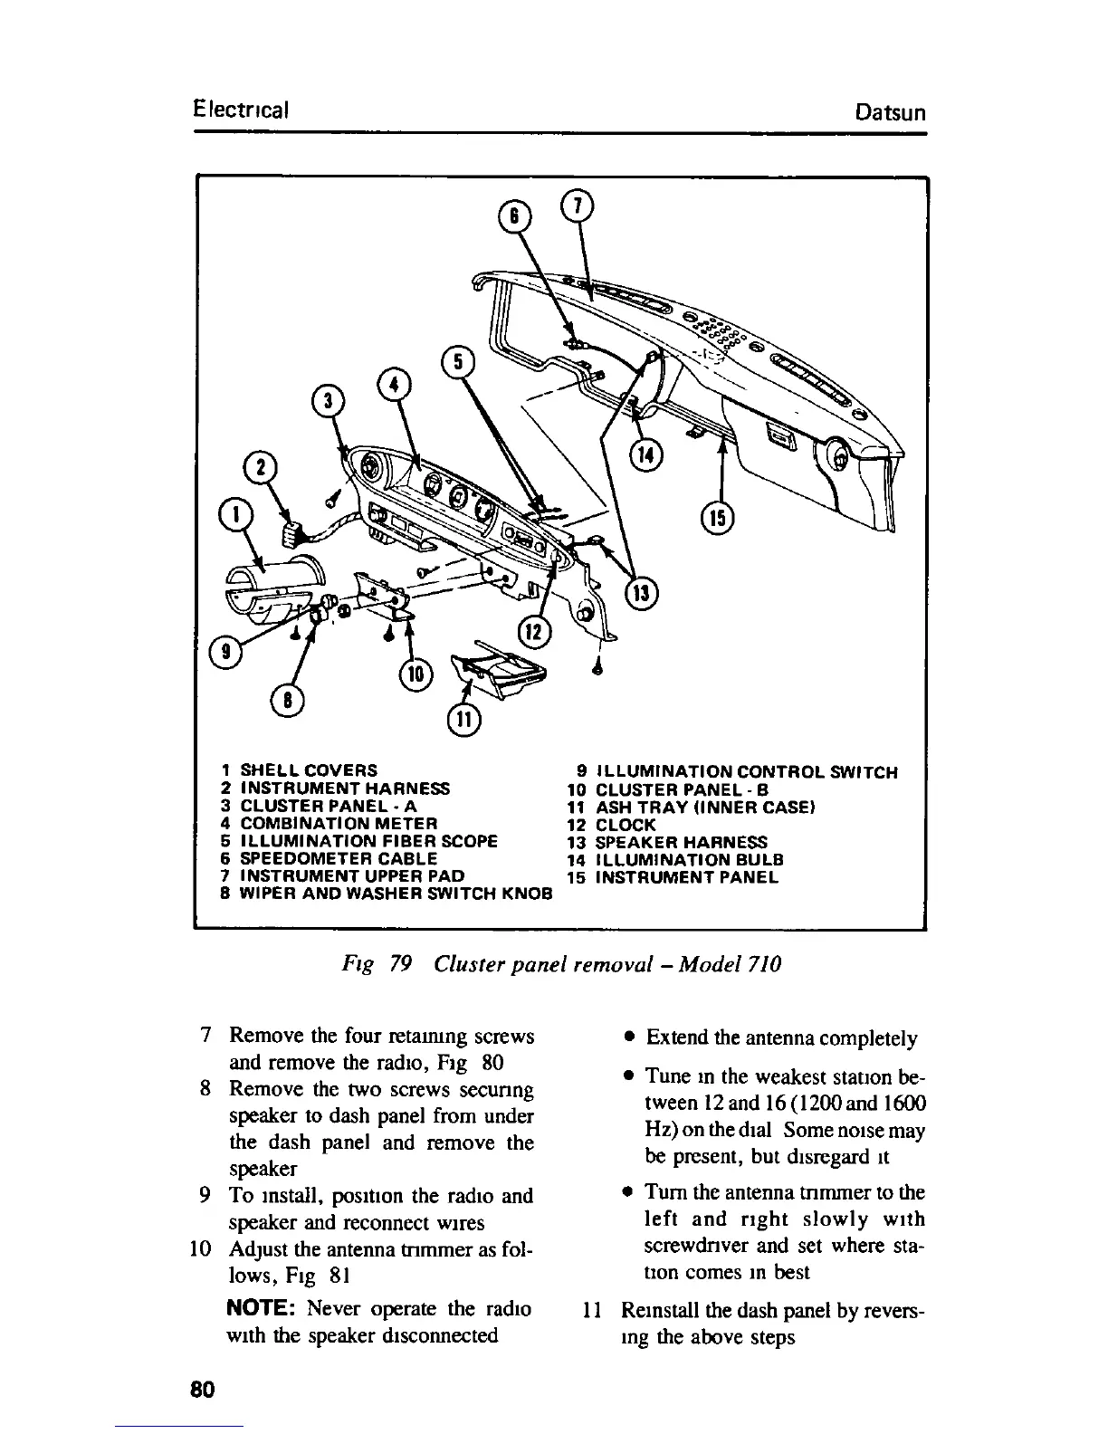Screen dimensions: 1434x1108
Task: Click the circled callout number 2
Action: tap(263, 469)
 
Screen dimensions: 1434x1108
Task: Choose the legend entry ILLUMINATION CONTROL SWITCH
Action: tap(737, 773)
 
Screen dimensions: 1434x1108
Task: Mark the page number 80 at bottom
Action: tap(201, 1389)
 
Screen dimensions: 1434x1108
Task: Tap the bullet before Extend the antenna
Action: tap(627, 1037)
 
